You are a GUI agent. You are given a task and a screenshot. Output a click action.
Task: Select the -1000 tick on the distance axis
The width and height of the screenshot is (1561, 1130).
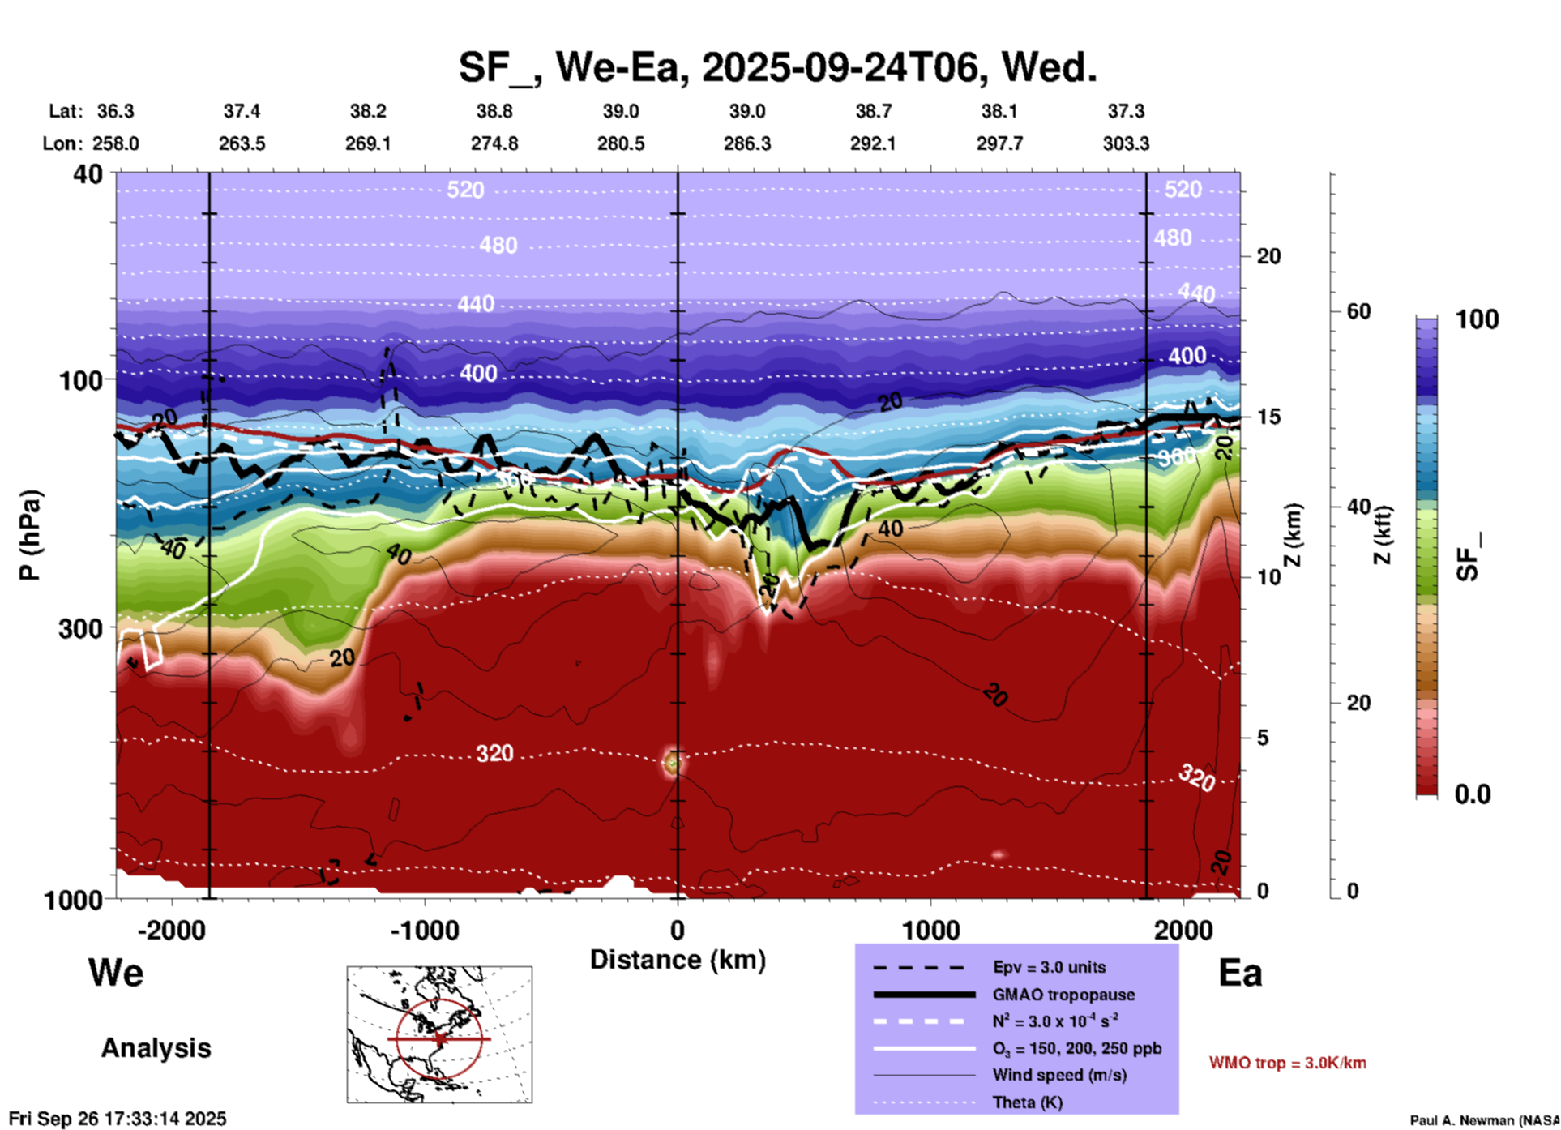(x=425, y=931)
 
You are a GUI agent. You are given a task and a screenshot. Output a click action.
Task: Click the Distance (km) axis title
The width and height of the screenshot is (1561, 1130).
(x=678, y=960)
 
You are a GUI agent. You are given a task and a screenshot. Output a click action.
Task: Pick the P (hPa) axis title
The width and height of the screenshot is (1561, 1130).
(x=30, y=535)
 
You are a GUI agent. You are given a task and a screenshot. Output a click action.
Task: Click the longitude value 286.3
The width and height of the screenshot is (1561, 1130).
(x=746, y=143)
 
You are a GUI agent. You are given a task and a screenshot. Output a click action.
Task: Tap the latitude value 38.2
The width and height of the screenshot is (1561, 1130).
(x=368, y=111)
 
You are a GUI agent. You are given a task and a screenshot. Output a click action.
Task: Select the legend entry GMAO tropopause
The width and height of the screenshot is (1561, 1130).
(x=1063, y=995)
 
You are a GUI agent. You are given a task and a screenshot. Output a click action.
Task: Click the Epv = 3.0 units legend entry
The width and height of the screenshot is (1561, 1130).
(x=1049, y=967)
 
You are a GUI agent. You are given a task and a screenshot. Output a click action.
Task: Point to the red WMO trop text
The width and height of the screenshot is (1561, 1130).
(x=1287, y=1063)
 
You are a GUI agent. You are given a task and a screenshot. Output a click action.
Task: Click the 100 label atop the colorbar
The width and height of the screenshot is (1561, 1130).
(x=1477, y=319)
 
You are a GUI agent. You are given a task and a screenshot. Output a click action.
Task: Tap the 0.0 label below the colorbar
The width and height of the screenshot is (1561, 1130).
(x=1473, y=794)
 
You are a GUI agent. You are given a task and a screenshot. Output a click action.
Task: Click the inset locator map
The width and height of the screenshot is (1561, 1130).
(x=439, y=1034)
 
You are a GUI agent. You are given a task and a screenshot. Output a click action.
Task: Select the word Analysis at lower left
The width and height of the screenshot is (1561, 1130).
(x=156, y=1048)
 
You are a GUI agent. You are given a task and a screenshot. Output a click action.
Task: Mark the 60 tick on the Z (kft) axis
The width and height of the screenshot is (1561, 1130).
(x=1358, y=311)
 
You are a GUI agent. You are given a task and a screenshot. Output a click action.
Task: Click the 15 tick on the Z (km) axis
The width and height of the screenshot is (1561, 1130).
(x=1268, y=417)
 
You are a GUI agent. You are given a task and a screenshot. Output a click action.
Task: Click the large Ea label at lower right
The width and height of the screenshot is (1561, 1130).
(x=1240, y=973)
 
